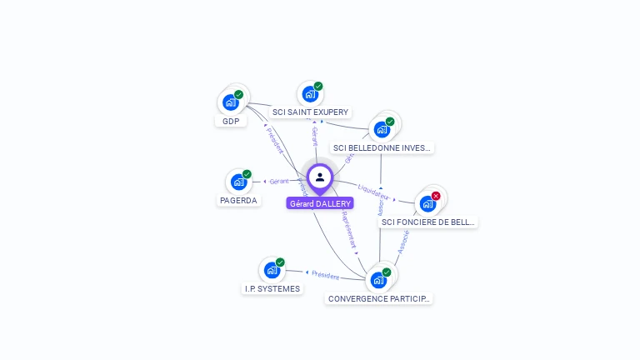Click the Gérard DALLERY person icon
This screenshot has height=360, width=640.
(320, 177)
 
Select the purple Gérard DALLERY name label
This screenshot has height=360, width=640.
(320, 203)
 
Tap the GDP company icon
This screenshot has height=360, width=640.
(230, 103)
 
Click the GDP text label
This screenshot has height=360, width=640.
(231, 121)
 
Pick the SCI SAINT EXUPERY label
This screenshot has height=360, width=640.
(311, 112)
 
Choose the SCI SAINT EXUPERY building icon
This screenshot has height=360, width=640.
(310, 94)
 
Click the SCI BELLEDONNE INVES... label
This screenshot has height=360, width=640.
(382, 147)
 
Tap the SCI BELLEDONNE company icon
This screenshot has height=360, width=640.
(382, 129)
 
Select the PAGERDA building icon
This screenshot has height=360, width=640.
(238, 182)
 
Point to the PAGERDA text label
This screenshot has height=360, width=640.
(239, 200)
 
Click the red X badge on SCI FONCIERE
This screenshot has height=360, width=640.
(436, 196)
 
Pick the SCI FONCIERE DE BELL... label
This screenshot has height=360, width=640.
(427, 222)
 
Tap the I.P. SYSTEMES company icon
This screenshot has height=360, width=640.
(272, 270)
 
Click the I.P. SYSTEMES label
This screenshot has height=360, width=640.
(272, 288)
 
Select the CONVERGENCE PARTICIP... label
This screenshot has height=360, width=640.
(379, 297)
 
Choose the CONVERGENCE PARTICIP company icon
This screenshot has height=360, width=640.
(378, 280)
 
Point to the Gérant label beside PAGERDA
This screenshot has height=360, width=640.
(279, 181)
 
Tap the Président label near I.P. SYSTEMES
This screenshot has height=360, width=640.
(324, 274)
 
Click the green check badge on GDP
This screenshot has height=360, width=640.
(239, 95)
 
